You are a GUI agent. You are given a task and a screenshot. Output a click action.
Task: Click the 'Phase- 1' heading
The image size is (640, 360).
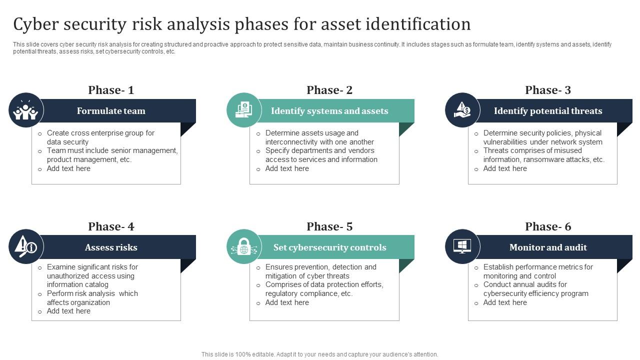tap(111, 90)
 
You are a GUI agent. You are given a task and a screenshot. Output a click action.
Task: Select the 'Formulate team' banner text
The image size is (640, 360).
tap(111, 111)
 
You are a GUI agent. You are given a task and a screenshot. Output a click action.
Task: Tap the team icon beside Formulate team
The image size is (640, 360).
tap(26, 110)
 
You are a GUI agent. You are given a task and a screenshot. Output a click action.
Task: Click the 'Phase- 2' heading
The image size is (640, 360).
tap(329, 90)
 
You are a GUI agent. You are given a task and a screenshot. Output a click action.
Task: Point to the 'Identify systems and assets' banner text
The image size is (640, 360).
tap(329, 111)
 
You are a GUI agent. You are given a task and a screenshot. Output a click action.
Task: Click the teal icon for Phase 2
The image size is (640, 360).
tap(244, 110)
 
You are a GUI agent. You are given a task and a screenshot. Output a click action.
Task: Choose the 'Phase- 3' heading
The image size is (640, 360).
tap(548, 90)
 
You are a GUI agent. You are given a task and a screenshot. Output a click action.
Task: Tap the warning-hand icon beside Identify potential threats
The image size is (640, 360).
tap(462, 110)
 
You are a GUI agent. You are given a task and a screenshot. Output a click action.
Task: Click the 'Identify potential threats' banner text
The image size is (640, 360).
tap(548, 111)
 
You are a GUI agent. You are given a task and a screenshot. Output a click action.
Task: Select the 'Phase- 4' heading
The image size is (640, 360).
tap(111, 226)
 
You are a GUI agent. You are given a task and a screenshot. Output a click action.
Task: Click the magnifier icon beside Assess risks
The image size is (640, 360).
tap(26, 246)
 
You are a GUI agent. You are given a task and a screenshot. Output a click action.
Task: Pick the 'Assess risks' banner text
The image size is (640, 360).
tap(111, 247)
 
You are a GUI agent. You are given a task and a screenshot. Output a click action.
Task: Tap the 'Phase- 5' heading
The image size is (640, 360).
tap(329, 226)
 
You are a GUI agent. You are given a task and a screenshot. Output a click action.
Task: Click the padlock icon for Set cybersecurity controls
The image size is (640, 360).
tap(244, 246)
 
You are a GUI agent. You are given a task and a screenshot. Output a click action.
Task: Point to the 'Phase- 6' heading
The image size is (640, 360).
tap(548, 226)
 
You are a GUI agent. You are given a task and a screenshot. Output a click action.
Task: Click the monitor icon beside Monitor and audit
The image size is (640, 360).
tap(462, 246)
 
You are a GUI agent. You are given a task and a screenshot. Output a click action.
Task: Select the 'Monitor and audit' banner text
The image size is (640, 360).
tap(548, 247)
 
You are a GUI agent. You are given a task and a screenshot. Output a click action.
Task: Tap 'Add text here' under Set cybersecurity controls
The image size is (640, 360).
tap(287, 302)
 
